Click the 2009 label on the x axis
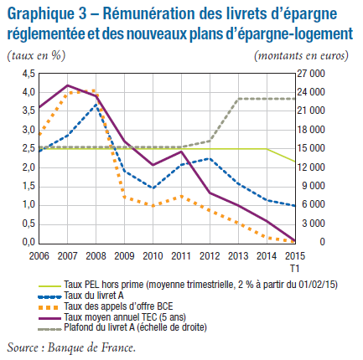coord(124,256)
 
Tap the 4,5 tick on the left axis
coord(29,74)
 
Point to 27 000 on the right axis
coord(311,74)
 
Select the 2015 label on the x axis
coord(295,256)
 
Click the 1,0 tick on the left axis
coord(29,205)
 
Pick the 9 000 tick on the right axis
coord(313,186)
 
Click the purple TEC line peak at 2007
coord(68,85)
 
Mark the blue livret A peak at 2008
coord(96,105)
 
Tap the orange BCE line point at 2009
coord(124,197)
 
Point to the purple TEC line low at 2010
coord(153,165)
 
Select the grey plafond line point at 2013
coord(238,99)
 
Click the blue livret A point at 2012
coord(210,159)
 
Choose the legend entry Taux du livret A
coord(94,296)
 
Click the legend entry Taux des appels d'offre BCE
coord(118,306)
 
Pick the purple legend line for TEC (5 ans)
coord(49,318)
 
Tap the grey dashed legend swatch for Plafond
coord(49,329)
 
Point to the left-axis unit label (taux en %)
coord(36,55)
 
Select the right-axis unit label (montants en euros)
coord(301,55)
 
